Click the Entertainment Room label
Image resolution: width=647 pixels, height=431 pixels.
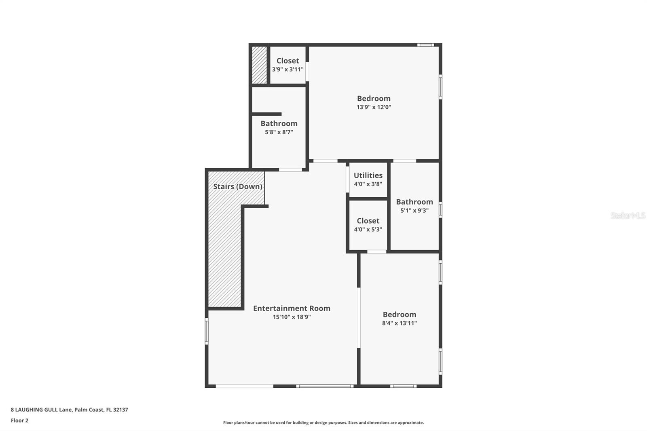point(292,308)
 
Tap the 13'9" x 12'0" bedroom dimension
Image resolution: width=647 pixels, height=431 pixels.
point(374,107)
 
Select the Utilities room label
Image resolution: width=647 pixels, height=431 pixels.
point(368,175)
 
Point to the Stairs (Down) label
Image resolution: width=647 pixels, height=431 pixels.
point(238,186)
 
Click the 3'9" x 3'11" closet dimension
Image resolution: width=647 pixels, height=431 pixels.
point(288,70)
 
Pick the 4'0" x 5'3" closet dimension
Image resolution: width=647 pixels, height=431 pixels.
point(368,229)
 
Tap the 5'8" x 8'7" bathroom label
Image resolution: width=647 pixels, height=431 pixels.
point(279,123)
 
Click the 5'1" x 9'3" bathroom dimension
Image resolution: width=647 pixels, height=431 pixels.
point(414,210)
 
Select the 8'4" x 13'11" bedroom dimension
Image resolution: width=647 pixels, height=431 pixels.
point(400,323)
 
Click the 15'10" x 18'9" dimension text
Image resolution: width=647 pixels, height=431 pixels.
point(292,317)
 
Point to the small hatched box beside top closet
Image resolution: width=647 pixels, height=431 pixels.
point(259,65)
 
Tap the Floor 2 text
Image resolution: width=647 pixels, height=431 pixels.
point(19,420)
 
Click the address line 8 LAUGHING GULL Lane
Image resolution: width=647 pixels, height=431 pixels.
point(69,410)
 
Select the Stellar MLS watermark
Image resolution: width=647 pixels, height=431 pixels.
point(628,215)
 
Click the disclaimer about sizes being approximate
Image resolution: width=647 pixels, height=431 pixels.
point(323,423)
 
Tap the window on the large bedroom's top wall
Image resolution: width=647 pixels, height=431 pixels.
point(425,45)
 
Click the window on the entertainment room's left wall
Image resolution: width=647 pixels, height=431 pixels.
point(207,331)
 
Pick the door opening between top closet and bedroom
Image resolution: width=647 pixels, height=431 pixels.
point(307,72)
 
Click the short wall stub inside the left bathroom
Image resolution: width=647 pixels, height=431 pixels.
point(266,114)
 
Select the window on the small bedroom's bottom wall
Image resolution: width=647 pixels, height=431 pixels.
point(403,386)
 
